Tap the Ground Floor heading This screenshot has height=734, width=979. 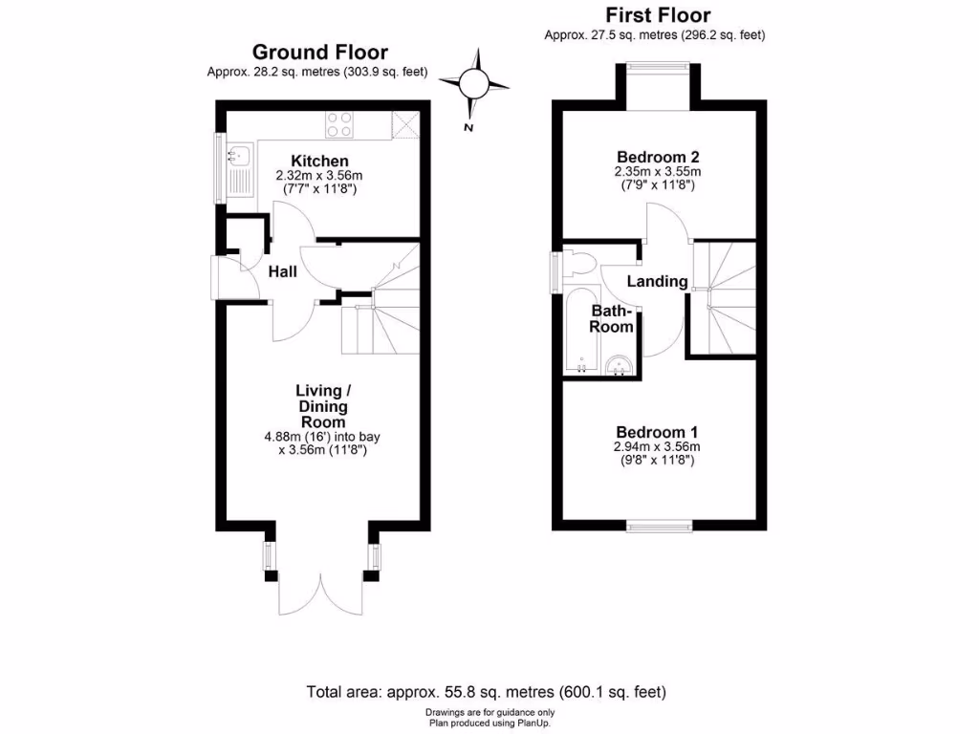319,53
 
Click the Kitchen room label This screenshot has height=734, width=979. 319,161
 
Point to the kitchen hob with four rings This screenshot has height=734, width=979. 339,124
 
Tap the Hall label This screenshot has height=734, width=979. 282,272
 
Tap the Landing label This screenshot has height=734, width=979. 657,281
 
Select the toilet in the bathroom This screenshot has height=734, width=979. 578,265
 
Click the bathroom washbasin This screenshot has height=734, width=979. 620,365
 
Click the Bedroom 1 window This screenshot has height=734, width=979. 660,526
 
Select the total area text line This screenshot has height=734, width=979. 486,692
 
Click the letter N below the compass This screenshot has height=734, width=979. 468,127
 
